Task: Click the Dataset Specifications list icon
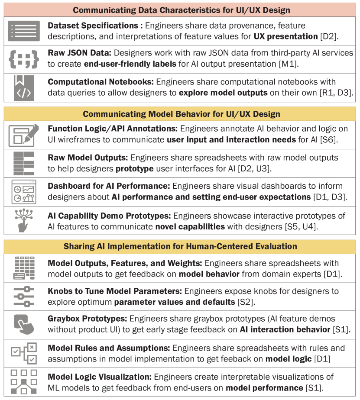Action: point(24,31)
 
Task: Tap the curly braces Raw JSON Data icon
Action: point(24,59)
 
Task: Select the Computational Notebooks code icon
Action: point(24,87)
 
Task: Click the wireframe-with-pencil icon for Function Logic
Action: point(24,135)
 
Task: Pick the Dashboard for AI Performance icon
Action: point(24,191)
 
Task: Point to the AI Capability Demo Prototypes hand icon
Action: point(24,220)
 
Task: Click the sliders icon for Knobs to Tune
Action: point(24,297)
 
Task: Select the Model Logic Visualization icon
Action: point(24,381)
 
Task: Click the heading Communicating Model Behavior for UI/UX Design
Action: point(181,114)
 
